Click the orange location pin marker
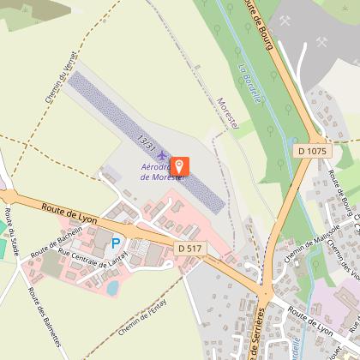point(180,165)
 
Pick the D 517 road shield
point(190,248)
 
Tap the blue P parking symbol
point(116,243)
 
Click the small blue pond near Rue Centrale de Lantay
point(112,287)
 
